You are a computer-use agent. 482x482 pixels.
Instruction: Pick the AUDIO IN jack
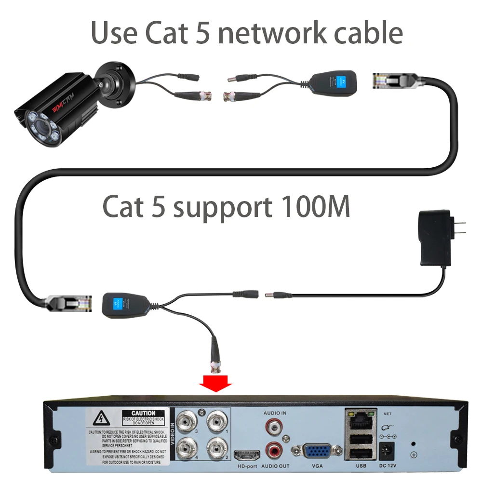pos(274,426)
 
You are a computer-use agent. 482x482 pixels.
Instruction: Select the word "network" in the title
pos(265,33)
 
